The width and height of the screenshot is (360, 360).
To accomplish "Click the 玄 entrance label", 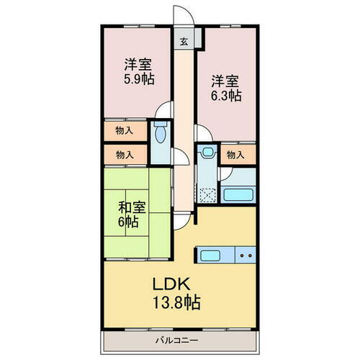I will pos(184,41).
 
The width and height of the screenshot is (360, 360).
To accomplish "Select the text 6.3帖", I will pos(225,94).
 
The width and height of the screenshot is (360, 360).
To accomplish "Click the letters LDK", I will pos(171,286).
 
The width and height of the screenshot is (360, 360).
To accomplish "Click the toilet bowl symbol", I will pos(160,134).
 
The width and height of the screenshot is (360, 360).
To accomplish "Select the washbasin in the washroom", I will pos(207,153).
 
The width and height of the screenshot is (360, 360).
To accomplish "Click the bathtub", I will pos(238,194).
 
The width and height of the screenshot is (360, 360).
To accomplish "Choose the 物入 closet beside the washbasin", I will pos(234,154).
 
